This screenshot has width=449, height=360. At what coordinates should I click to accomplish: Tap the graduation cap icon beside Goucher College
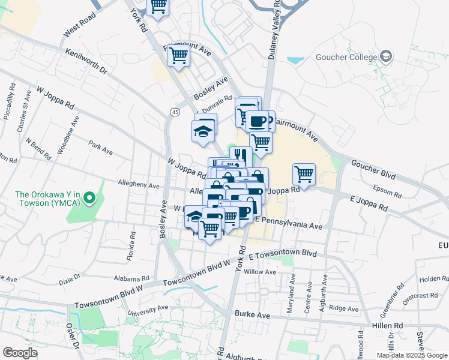[x=386, y=58]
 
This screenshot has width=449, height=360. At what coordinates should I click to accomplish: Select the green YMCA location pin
[x=89, y=197]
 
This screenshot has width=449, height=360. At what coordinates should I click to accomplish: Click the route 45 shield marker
[x=175, y=112]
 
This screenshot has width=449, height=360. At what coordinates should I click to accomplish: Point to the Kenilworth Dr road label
[x=86, y=62]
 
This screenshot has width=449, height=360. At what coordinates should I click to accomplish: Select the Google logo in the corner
[x=20, y=353]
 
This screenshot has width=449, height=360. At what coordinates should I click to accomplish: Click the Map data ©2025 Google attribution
[x=412, y=355]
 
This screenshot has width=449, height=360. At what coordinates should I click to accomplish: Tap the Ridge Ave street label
[x=344, y=308]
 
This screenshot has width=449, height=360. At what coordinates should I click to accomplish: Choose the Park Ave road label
[x=100, y=147]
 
